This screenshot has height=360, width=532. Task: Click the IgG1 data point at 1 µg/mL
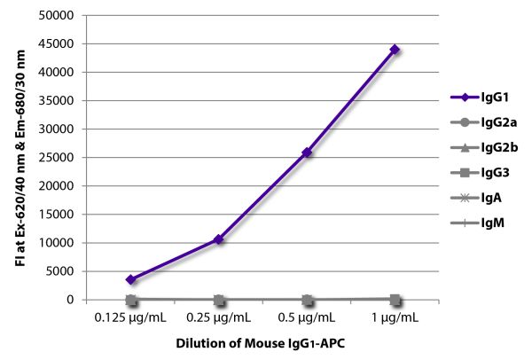[x=395, y=50]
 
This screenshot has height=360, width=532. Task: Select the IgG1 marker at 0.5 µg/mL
[x=307, y=153]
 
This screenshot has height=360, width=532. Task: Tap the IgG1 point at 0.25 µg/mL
[x=218, y=239]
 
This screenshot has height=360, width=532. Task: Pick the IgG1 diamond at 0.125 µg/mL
[x=131, y=279]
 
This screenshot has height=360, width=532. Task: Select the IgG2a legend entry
[x=479, y=128]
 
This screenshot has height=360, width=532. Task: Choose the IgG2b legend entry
[x=479, y=158]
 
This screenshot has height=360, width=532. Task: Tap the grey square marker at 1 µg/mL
[x=395, y=300]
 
